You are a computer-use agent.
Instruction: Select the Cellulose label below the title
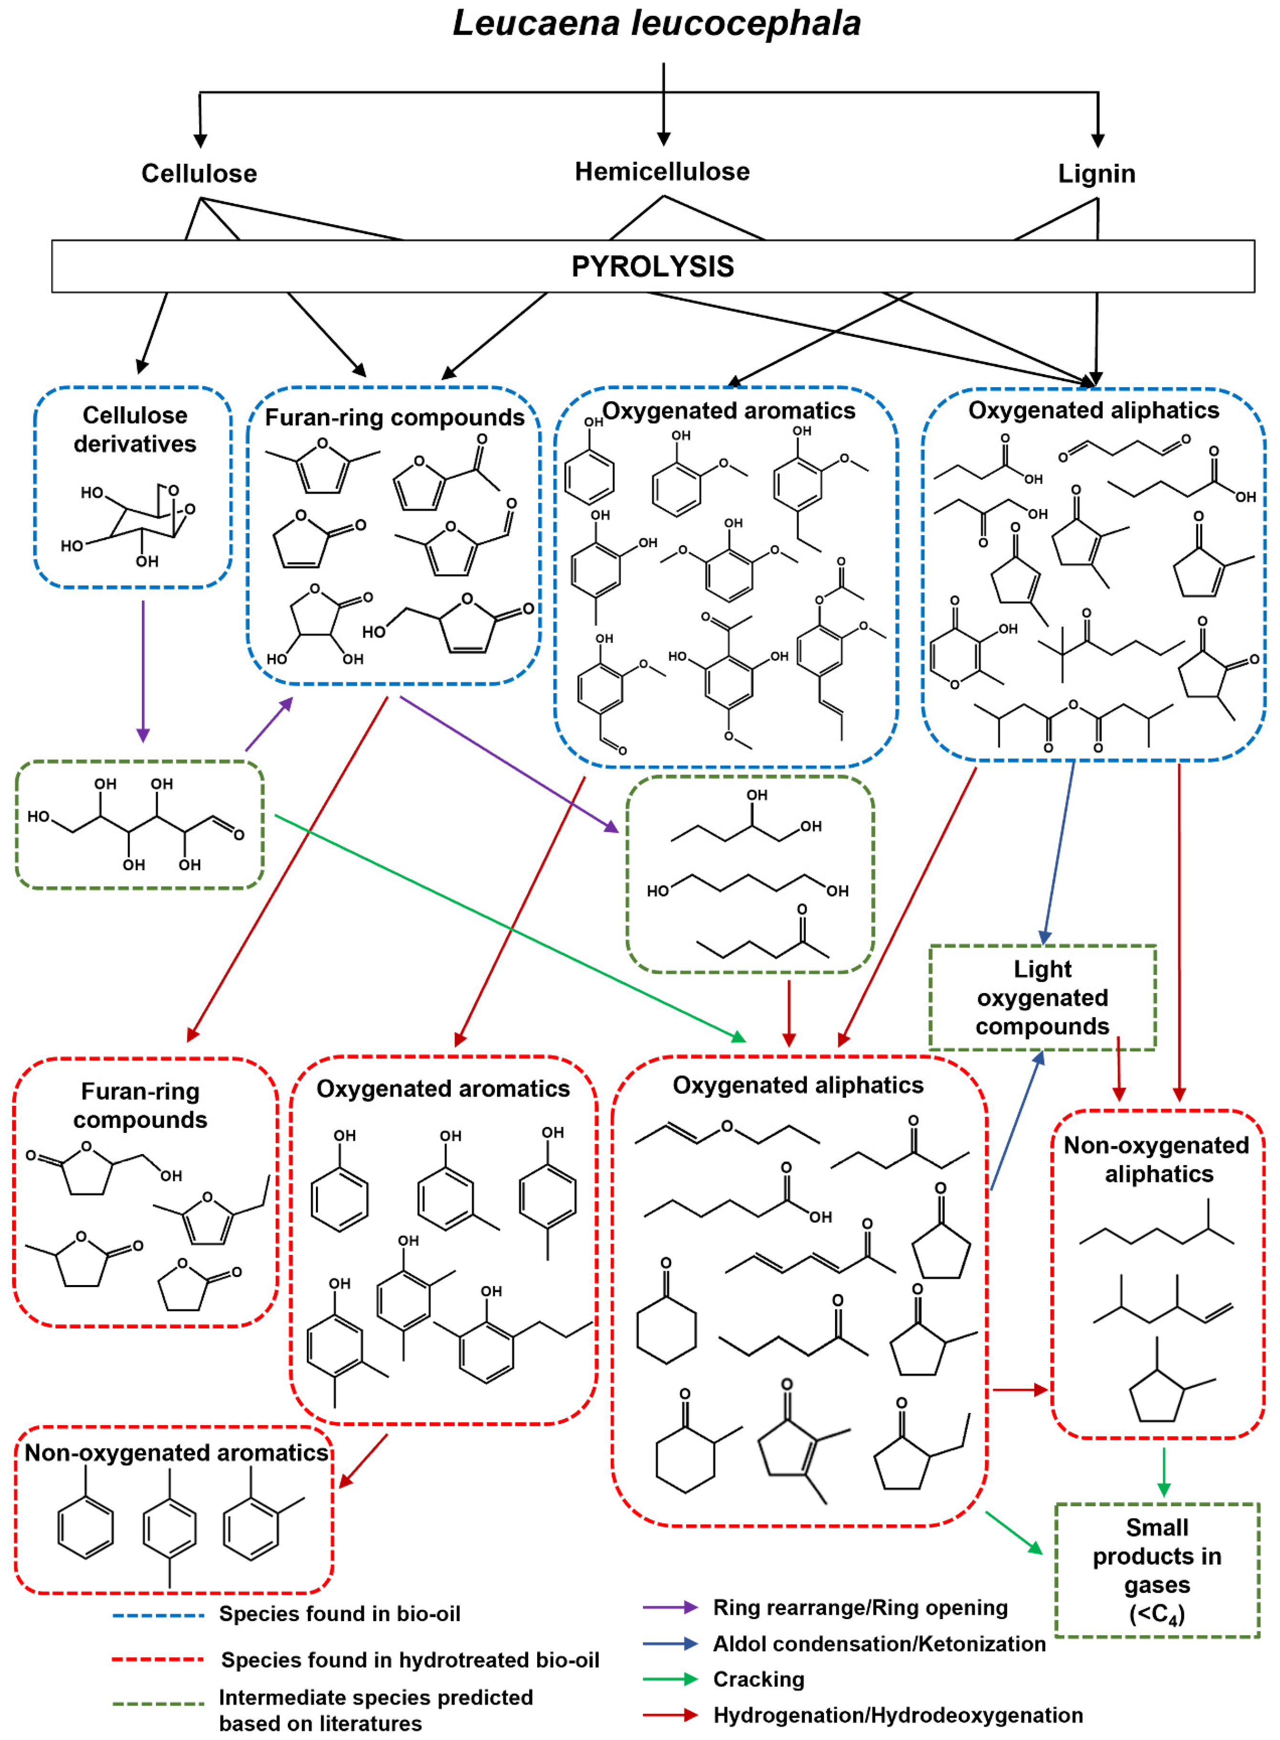(x=199, y=173)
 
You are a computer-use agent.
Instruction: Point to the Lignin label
(x=1096, y=173)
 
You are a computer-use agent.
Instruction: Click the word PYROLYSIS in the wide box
(x=652, y=267)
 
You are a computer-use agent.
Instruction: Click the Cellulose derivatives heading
(x=135, y=429)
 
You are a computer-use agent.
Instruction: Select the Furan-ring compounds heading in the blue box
(x=394, y=418)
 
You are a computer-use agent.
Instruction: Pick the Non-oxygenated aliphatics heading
(x=1157, y=1160)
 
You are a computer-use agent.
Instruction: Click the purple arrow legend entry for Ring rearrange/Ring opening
(x=670, y=1608)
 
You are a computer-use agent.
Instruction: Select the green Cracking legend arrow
(x=670, y=1679)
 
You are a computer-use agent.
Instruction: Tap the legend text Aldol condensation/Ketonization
(x=879, y=1643)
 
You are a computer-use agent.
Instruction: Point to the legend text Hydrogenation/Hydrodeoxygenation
(x=897, y=1715)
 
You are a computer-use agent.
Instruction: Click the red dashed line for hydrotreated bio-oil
(x=159, y=1659)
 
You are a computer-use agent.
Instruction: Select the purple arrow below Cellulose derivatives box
(x=142, y=670)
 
